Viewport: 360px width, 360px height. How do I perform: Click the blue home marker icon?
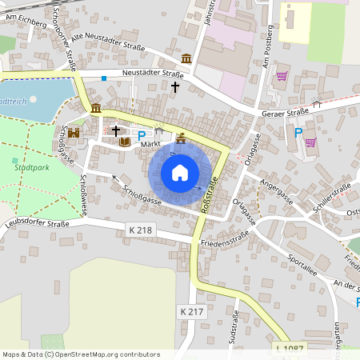180,172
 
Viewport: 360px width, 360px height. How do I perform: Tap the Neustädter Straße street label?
153,73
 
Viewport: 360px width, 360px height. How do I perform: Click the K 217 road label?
193,310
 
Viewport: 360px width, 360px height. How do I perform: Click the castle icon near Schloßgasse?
75,133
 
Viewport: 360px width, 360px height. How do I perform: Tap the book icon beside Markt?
124,142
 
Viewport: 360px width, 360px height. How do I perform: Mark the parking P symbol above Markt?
142,135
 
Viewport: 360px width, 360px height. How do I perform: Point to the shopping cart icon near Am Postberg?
282,77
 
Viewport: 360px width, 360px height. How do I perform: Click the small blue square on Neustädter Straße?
104,78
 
